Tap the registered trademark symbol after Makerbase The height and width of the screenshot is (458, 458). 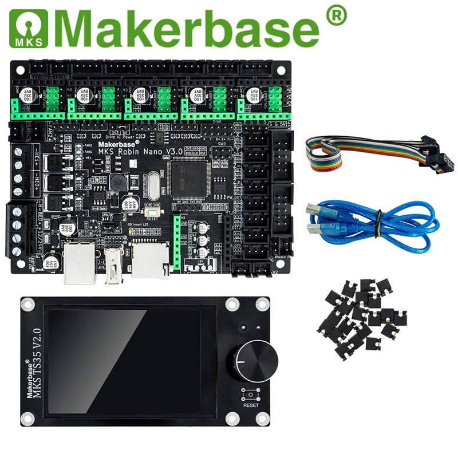336,15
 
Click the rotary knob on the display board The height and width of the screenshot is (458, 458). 256,360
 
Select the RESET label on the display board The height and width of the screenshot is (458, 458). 251,405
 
